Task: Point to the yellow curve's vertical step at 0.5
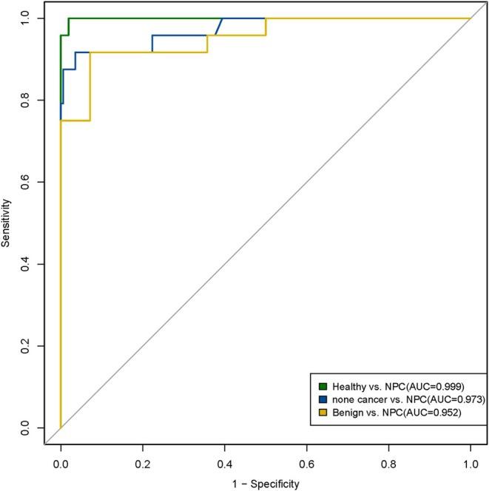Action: click(266, 27)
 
